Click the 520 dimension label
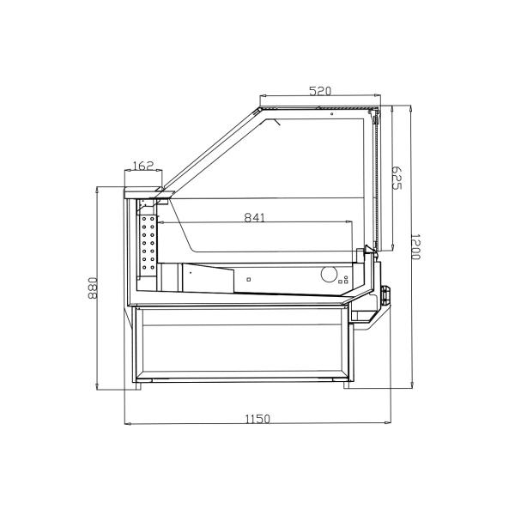319,91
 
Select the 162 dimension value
143,167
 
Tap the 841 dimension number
255,217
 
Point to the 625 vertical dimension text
397,179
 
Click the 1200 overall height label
415,248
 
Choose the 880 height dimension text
94,288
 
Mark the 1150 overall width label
257,419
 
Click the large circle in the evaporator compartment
329,275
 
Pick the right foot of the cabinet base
349,384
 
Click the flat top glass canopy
318,109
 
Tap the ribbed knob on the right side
386,294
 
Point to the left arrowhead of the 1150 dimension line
128,424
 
